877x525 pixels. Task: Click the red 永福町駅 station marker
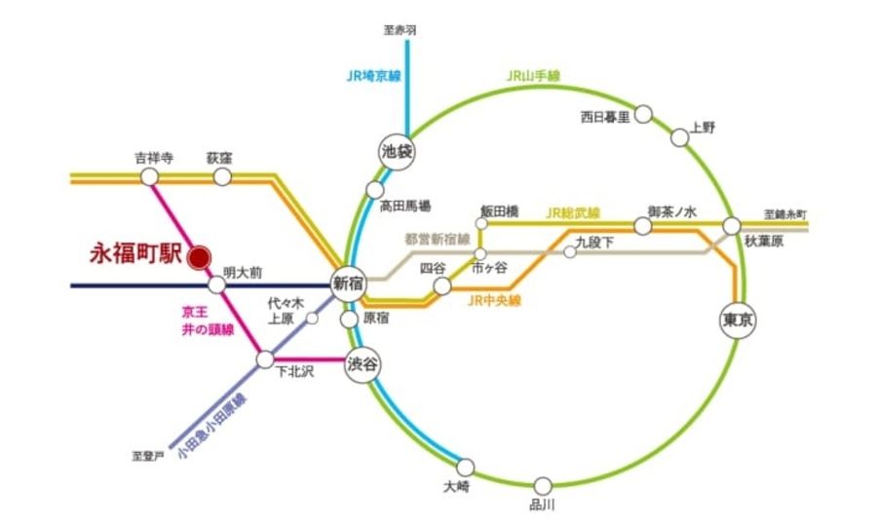coord(199,257)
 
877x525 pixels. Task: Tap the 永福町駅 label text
coord(135,256)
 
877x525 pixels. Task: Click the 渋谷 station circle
coord(362,365)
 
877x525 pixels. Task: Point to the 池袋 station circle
coord(397,151)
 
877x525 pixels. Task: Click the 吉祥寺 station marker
coord(149,176)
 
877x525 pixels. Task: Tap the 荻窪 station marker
coord(222,176)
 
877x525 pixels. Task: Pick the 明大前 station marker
coord(217,285)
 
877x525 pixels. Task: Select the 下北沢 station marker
coord(265,359)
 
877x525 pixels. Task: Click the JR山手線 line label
coord(533,75)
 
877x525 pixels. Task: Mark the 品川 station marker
coord(544,485)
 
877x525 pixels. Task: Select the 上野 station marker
coord(680,137)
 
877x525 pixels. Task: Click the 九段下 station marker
coord(570,252)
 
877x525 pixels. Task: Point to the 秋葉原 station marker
coord(732,226)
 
